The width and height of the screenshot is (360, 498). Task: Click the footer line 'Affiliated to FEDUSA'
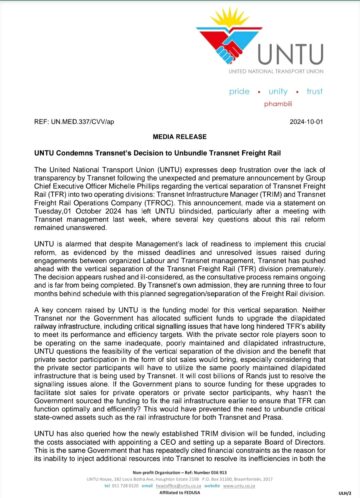coord(179,492)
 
